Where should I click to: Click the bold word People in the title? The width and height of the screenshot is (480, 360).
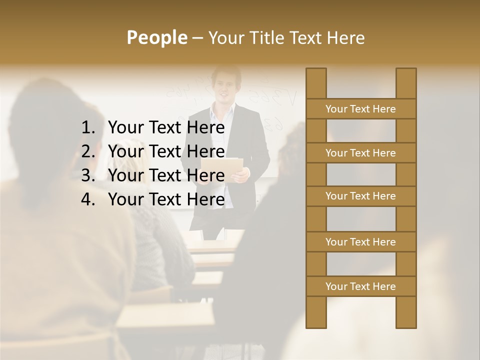tap(156, 37)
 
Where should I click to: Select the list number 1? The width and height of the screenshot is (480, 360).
tap(87, 128)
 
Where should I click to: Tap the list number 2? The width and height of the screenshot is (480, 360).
tap(87, 151)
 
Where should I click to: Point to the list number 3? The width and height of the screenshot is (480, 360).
tap(87, 175)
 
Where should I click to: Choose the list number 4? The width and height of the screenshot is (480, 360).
tap(87, 199)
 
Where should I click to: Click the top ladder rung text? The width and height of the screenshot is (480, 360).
tap(360, 109)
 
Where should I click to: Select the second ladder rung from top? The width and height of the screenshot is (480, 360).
tap(360, 153)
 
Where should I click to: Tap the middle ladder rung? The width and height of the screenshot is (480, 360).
tap(360, 196)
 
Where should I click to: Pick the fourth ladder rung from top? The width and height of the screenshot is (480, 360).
tap(360, 242)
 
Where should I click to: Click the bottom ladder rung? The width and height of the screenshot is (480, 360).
tap(360, 286)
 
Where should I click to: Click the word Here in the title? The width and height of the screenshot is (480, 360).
tap(346, 37)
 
